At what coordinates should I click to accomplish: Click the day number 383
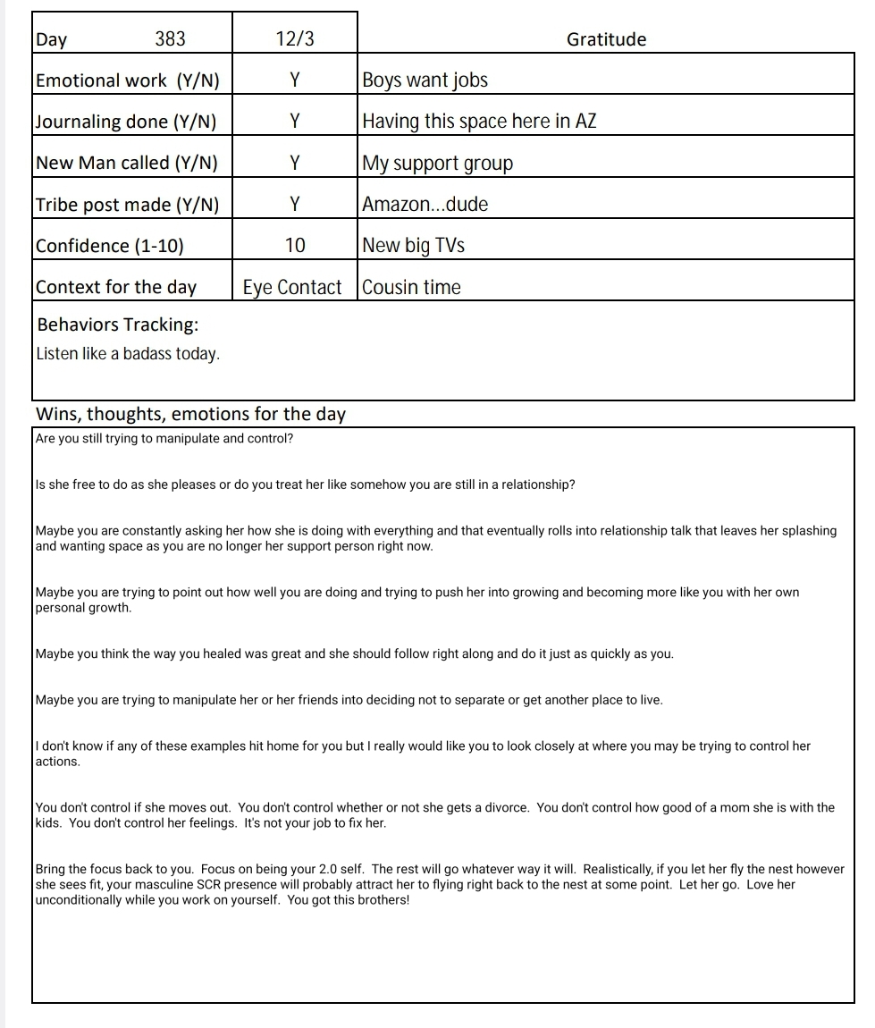coord(171,38)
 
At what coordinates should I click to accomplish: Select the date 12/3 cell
coord(295,38)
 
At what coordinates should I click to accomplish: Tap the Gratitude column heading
coord(606,39)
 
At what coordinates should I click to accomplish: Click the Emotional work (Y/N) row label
coord(127,80)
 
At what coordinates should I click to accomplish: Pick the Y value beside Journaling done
coord(295,122)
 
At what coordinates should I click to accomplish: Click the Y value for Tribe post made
coord(295,205)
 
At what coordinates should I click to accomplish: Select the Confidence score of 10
coord(295,246)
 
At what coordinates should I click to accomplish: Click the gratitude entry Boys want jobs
coord(425,80)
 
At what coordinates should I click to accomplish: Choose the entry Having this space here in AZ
coord(479,122)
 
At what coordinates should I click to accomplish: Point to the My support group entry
coord(438,164)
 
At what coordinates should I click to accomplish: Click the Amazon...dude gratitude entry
coord(425,205)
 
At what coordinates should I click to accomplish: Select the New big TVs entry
coord(414,246)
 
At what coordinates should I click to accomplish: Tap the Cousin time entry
coord(412,287)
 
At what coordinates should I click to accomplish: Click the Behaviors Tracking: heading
coord(118,324)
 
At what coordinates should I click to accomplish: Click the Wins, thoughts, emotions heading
coord(190,414)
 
